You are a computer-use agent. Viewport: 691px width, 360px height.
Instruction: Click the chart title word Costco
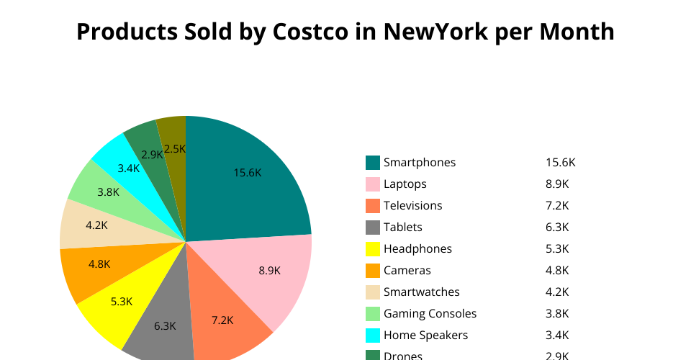(x=310, y=32)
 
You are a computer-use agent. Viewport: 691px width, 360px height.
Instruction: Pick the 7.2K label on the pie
(x=222, y=320)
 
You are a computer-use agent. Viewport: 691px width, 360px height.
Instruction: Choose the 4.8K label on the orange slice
(x=99, y=264)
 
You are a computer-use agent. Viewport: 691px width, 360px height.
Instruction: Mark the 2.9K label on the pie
(x=152, y=154)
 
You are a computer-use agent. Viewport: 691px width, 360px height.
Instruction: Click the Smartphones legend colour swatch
(x=372, y=162)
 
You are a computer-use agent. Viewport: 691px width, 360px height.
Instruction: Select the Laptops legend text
(x=405, y=184)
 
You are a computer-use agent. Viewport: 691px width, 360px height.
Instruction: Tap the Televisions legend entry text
(x=412, y=205)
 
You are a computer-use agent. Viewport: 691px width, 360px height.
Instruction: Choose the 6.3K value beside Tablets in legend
(x=557, y=227)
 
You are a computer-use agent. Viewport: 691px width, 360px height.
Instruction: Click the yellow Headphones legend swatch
(x=372, y=248)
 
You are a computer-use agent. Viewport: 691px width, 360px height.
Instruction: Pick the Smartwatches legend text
(x=421, y=292)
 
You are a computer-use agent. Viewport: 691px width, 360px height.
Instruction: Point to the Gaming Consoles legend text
(x=430, y=313)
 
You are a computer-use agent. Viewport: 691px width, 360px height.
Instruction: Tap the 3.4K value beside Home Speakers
(x=557, y=335)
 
